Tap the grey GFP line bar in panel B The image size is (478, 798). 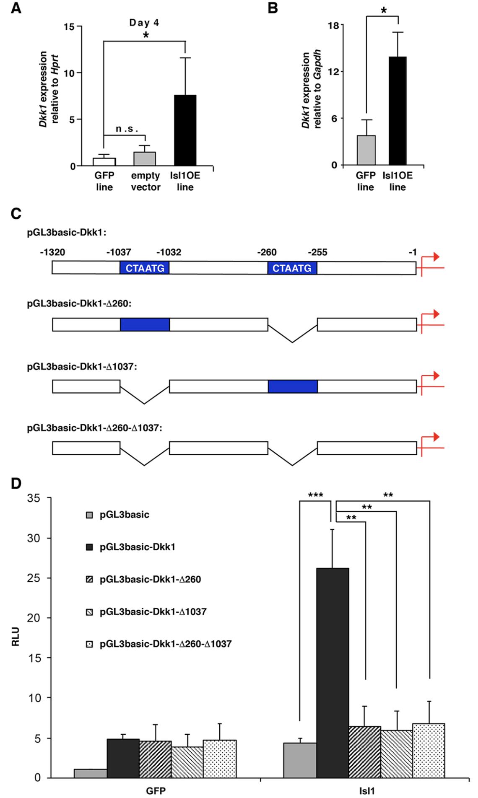click(x=365, y=150)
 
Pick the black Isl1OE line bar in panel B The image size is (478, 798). click(x=397, y=111)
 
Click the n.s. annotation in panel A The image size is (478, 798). click(x=127, y=129)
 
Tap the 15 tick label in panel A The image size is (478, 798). click(x=70, y=27)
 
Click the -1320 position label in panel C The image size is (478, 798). click(x=53, y=252)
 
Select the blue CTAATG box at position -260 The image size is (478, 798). click(x=292, y=268)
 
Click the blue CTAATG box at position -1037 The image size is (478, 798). click(x=145, y=268)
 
